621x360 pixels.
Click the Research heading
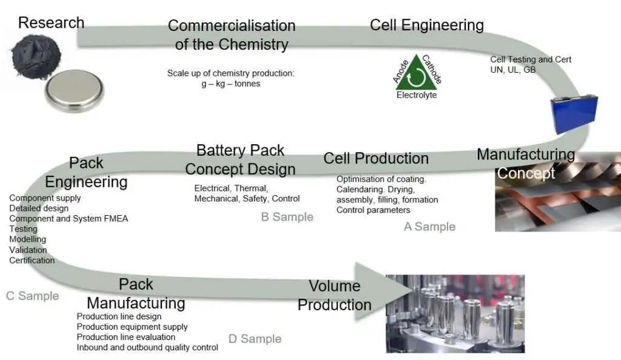pos(51,23)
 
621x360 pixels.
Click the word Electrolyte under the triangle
pos(417,95)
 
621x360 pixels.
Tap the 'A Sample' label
pos(429,227)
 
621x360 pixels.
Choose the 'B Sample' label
pos(287,217)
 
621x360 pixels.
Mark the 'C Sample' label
pos(33,296)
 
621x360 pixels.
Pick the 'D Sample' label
pos(255,339)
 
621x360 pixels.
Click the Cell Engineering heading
pos(426,25)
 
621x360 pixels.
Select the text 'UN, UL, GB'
pos(512,70)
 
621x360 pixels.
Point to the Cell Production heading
pos(376,159)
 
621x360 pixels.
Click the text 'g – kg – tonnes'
pos(231,84)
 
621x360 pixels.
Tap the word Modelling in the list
pos(27,239)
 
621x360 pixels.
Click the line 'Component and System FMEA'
pos(69,219)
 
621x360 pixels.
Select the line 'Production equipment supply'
pos(132,327)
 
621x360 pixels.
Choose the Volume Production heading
pos(335,295)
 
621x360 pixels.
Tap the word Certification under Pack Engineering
pos(32,261)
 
